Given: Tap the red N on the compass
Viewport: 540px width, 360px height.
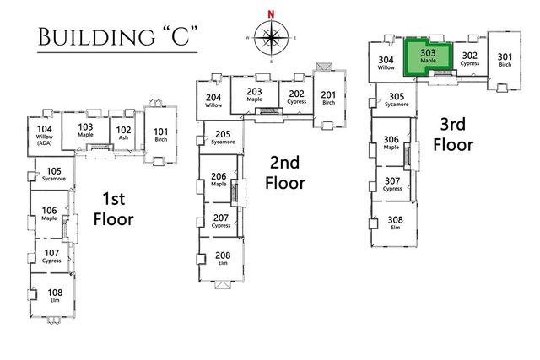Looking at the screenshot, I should coord(272,14).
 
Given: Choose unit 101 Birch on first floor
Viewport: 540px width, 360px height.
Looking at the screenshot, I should coord(161,135).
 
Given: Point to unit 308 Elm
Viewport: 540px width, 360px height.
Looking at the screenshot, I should coord(393,223).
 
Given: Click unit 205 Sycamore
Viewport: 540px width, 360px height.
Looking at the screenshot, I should coord(223,137).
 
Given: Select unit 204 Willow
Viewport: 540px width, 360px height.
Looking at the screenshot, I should coord(213,100).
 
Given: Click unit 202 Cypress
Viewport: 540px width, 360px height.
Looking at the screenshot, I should coord(296,97).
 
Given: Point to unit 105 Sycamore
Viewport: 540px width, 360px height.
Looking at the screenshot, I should coord(54,175).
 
